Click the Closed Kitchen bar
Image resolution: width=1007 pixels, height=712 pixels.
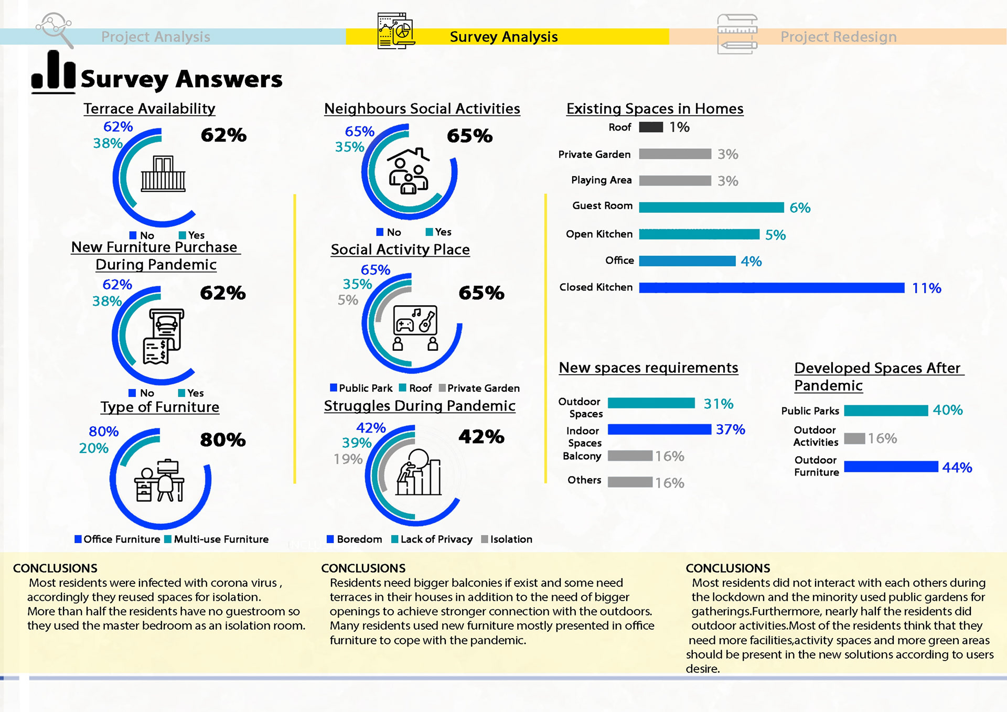[x=771, y=287]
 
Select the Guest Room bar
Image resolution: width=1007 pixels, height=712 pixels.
[x=711, y=207]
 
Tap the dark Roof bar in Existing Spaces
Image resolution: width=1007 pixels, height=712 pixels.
[x=651, y=127]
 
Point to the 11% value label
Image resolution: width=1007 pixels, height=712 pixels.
[x=926, y=288]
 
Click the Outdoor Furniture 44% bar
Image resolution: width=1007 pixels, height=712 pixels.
[x=891, y=467]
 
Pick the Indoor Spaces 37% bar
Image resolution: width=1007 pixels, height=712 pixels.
[x=659, y=429]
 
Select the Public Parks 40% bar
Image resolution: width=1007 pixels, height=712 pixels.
[x=886, y=411]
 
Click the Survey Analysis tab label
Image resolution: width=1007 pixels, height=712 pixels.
[x=504, y=37]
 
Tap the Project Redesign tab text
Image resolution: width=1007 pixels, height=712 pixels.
[x=838, y=37]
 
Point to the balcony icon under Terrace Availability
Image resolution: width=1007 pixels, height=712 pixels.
[x=163, y=174]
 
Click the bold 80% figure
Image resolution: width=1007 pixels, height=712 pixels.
[x=223, y=439]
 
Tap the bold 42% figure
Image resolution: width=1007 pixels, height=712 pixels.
[x=481, y=436]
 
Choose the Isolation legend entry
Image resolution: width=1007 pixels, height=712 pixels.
[x=507, y=539]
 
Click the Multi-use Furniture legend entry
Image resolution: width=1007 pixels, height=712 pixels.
[x=217, y=539]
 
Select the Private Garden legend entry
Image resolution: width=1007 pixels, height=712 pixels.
[x=479, y=388]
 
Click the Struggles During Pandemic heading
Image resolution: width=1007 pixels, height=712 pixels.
[x=420, y=406]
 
